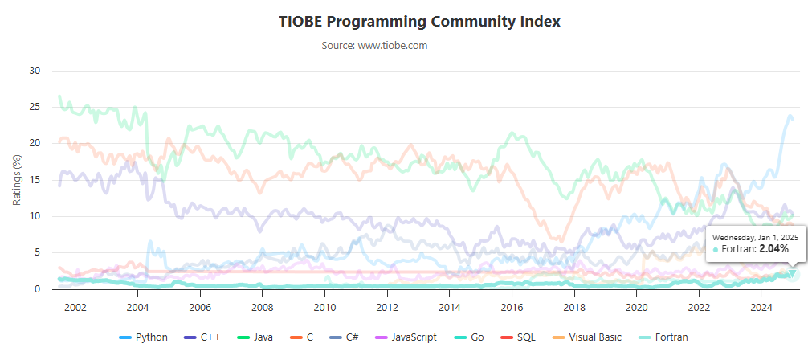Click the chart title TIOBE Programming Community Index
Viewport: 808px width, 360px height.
coord(419,21)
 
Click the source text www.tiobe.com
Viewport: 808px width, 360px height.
coord(374,46)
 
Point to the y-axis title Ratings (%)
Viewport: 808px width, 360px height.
coord(18,179)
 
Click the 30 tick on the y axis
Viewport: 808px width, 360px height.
coord(35,70)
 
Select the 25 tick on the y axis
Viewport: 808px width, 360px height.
coord(35,107)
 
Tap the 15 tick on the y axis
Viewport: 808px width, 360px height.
coord(35,180)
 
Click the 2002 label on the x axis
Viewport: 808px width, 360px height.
coord(75,307)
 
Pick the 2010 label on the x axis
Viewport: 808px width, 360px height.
coord(324,307)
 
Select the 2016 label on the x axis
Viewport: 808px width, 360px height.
coord(512,307)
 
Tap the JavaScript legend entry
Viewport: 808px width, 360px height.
coord(409,337)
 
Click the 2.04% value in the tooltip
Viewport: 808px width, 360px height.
coord(773,249)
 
